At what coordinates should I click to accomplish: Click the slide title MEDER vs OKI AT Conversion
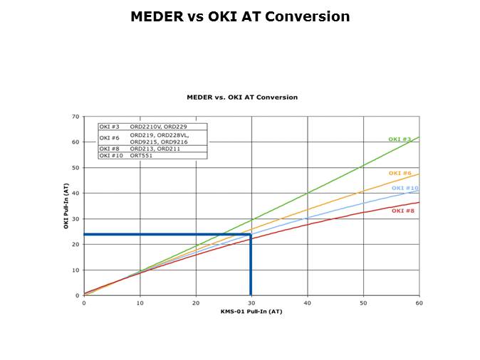[240, 16]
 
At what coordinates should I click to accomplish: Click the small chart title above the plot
[242, 97]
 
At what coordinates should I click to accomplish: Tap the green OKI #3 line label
[400, 139]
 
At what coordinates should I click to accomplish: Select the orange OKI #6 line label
[400, 173]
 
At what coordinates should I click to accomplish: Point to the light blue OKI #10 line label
[405, 188]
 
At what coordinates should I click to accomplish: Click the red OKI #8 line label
[402, 211]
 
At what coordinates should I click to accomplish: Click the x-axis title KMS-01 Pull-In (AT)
[251, 311]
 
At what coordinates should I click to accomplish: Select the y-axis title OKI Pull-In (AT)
[66, 206]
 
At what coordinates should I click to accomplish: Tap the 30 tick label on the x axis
[251, 302]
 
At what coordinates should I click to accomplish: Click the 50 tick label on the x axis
[363, 302]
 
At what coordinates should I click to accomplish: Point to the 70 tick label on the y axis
[75, 117]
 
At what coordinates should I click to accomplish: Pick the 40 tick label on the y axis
[75, 194]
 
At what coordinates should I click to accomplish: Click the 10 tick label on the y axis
[75, 270]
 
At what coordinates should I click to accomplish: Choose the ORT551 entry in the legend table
[141, 155]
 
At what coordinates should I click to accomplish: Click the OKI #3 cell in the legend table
[110, 127]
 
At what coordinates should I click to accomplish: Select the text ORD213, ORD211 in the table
[155, 149]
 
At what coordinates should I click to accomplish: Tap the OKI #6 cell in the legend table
[110, 137]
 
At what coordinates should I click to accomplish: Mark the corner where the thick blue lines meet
[251, 234]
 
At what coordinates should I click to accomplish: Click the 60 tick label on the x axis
[419, 302]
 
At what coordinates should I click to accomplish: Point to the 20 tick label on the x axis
[196, 302]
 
